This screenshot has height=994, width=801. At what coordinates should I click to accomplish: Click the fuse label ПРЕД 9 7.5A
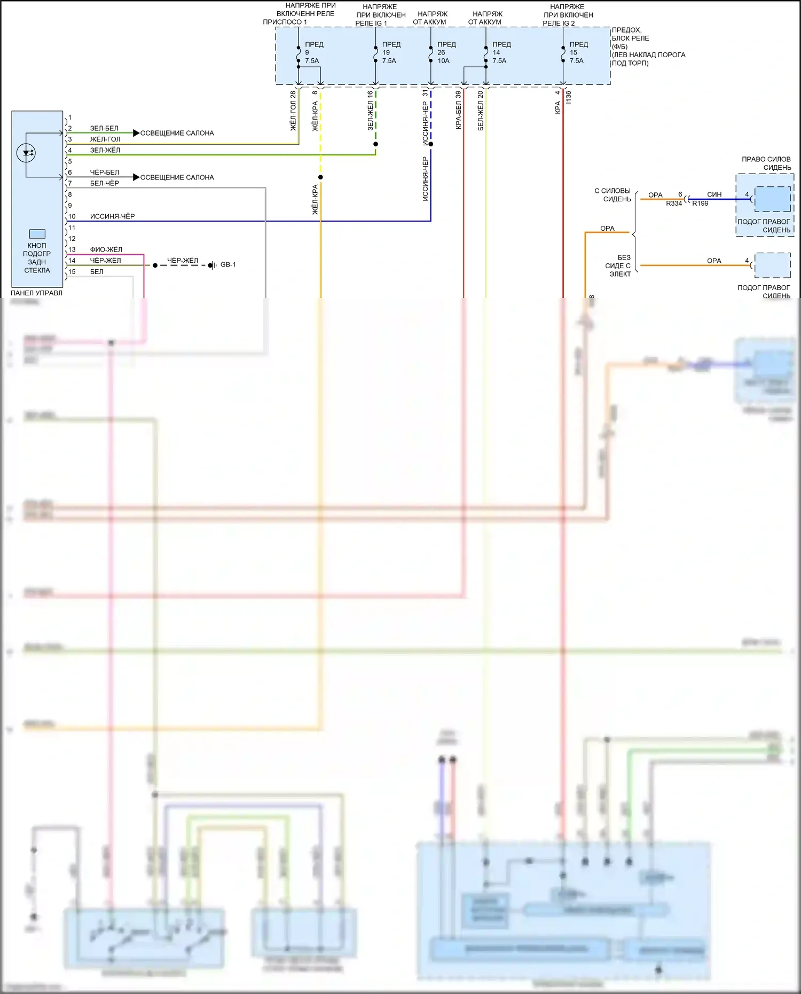(x=313, y=53)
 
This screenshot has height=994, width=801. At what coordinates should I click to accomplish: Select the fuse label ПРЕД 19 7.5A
(x=390, y=53)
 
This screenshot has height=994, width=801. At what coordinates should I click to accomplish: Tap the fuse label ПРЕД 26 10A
(x=445, y=53)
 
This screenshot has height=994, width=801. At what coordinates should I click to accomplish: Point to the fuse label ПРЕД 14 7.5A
(x=500, y=53)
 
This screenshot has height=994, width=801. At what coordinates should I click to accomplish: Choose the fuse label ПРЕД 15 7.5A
(x=578, y=53)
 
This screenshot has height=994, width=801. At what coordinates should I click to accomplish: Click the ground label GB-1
(x=228, y=265)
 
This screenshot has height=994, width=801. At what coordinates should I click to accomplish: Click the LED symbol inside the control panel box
(x=26, y=154)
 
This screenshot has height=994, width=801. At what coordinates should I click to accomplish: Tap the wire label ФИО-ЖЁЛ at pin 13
(x=106, y=249)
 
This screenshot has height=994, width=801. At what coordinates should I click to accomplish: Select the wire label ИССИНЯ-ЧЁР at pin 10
(x=112, y=216)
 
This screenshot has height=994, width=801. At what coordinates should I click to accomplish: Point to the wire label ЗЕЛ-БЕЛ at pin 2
(x=104, y=128)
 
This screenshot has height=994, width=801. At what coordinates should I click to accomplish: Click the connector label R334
(x=674, y=204)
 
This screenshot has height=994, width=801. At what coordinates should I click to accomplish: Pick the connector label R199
(x=700, y=204)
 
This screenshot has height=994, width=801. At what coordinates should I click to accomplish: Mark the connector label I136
(x=569, y=97)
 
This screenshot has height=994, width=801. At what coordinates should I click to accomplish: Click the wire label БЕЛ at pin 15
(x=97, y=272)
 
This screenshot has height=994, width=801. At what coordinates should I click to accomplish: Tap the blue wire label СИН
(x=714, y=194)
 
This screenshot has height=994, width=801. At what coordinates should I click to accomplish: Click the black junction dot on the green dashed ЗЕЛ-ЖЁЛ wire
(x=376, y=144)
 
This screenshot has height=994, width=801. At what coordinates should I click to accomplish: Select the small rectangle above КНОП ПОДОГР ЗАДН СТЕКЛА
(x=37, y=234)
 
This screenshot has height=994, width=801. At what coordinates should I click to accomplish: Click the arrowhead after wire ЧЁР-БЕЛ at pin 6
(x=136, y=177)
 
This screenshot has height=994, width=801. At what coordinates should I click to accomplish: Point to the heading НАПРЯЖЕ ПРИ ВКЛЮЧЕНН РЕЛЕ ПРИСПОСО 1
(x=304, y=14)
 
